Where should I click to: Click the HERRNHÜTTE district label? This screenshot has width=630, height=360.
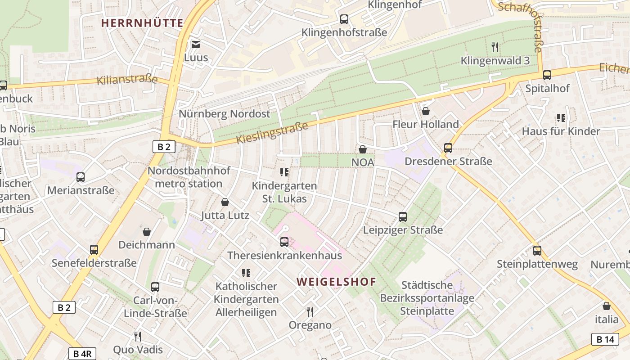coord(142,22)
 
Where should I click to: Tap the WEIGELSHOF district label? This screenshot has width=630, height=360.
coord(336,282)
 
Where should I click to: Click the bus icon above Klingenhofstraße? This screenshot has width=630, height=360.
coord(344,19)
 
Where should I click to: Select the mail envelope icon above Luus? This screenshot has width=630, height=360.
coord(196,44)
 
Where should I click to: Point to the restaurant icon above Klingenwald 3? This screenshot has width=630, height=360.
coord(495,47)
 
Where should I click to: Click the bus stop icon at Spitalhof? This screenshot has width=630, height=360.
coord(547,75)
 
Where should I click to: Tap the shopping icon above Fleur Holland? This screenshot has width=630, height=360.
coord(426,111)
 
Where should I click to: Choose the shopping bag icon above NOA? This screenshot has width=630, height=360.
coord(363,149)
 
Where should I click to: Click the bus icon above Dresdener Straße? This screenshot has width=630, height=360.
coord(448,148)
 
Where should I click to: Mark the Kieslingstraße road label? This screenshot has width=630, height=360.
coord(272,133)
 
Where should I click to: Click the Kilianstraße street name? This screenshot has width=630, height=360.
coord(127,80)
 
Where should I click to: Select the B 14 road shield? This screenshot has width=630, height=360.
coord(605,339)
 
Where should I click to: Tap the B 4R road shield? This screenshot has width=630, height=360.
coord(82,354)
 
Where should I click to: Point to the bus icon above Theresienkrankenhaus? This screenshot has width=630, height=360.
coord(284,242)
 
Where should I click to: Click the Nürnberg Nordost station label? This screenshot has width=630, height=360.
coord(225,113)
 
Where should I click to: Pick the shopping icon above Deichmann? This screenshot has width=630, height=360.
coord(147,232)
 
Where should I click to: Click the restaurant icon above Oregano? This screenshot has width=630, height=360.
coord(310,311)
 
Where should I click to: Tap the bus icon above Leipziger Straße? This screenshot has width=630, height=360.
coord(403,217)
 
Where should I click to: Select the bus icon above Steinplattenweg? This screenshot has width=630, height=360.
coord(537,251)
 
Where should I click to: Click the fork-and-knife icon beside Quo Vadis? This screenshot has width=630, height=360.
coord(138,336)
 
